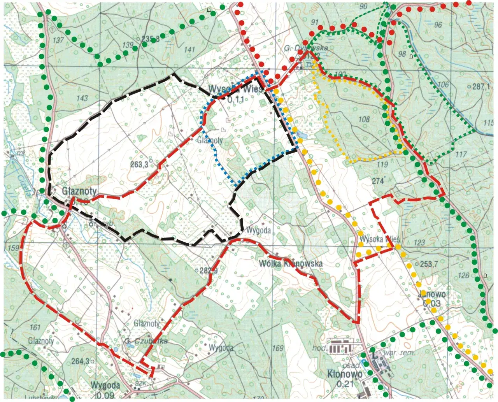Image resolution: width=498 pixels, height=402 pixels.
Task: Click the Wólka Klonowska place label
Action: (291, 263)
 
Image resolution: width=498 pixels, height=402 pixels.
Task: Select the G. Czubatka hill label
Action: (146, 341)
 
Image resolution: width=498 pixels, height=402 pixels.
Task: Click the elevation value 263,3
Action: (139, 165)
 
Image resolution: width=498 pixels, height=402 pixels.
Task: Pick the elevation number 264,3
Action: (80, 361)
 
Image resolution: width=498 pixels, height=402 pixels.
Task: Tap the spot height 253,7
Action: (429, 264)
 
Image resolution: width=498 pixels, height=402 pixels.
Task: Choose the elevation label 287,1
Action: (481, 87)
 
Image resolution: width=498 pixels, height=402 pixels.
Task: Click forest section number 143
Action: (82, 98)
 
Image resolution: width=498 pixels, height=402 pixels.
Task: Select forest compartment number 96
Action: (438, 25)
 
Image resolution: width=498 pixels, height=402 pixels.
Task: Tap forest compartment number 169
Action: (277, 348)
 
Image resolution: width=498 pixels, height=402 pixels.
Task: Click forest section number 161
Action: (35, 327)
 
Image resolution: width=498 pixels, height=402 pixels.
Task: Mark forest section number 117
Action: (461, 154)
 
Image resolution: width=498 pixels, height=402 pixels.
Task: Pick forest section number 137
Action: (58, 40)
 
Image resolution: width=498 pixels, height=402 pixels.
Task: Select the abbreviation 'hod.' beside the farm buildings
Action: (319, 348)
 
